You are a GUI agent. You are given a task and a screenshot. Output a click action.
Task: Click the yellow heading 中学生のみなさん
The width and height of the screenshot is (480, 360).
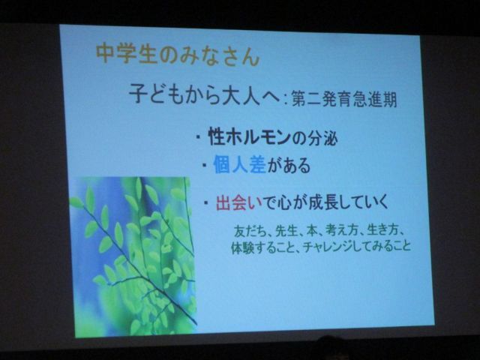(178, 55)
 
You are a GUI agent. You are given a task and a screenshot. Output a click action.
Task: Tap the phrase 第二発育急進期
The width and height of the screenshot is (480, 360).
(344, 99)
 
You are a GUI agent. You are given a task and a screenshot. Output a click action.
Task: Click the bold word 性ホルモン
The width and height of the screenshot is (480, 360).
(250, 137)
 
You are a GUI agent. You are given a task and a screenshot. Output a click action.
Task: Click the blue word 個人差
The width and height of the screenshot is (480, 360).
(240, 165)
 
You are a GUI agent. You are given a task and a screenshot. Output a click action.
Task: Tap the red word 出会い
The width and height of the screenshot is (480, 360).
(239, 202)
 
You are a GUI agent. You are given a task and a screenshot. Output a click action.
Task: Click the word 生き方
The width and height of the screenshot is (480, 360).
(383, 230)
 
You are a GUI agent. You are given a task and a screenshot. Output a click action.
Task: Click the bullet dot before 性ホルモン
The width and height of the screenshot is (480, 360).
(198, 137)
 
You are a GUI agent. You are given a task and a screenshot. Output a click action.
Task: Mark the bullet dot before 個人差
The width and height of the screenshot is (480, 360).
(204, 165)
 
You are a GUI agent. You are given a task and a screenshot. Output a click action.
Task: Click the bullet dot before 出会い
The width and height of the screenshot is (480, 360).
(207, 202)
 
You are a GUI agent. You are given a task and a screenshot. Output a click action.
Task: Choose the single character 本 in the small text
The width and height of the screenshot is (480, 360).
(312, 231)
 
